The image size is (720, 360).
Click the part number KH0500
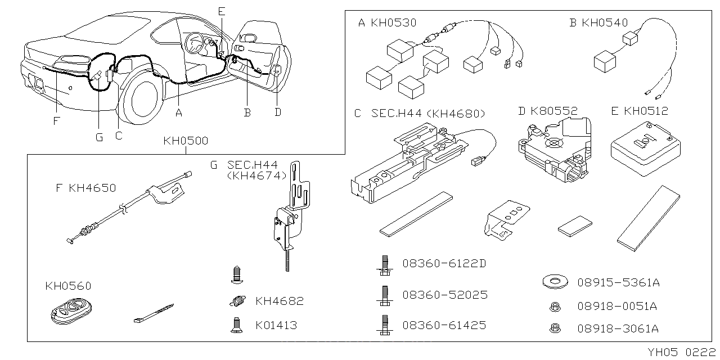186,141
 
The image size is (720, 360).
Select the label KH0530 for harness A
393,23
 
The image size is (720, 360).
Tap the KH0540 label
605,23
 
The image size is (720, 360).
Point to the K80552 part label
554,111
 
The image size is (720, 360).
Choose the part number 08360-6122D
444,263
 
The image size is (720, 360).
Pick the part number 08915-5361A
618,282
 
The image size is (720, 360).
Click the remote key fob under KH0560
65,311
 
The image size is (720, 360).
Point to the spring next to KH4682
238,301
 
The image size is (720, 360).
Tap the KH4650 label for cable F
92,188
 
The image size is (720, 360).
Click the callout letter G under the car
99,137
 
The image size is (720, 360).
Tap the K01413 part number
276,325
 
